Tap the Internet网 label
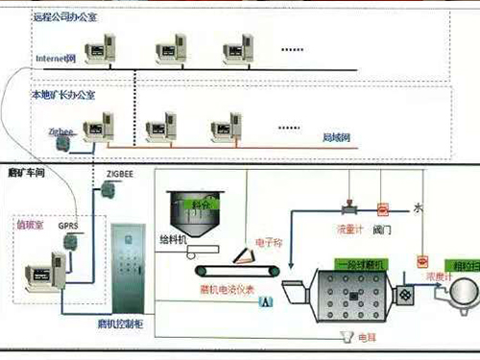(x=55, y=59)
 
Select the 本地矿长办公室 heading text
(x=66, y=95)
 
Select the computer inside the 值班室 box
(x=44, y=270)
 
